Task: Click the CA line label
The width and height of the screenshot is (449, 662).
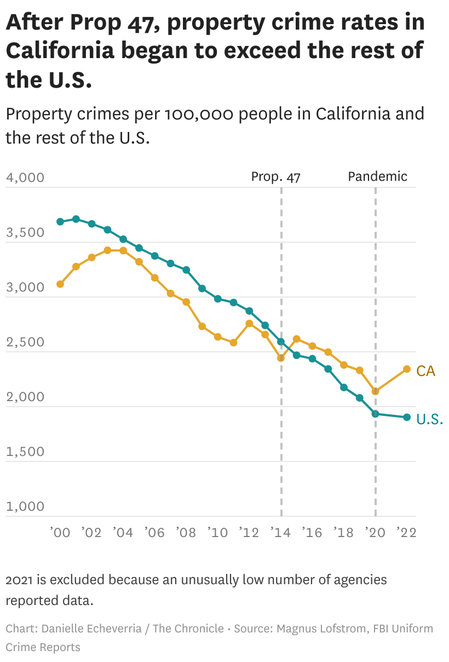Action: pos(425,371)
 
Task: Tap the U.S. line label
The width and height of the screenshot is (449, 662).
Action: pos(429,419)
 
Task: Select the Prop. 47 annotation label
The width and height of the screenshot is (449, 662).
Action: pos(275,176)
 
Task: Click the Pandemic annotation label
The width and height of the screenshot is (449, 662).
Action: pos(378,176)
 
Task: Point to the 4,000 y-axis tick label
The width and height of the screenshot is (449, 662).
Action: pos(25,178)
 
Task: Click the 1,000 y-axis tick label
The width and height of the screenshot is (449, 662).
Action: pos(25,506)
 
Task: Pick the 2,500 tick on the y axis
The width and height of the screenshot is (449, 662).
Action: pos(25,343)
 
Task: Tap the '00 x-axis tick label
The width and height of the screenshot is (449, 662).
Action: pos(60,532)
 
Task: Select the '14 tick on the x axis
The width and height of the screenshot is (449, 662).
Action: pos(281,532)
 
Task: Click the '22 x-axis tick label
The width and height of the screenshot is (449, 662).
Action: pos(406,532)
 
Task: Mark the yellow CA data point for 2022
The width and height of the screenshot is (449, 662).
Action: pos(407,369)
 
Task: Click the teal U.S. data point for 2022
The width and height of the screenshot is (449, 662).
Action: pos(407,418)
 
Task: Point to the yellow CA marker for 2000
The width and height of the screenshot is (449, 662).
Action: pos(60,284)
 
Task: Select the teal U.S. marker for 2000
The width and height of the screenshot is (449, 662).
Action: pos(60,222)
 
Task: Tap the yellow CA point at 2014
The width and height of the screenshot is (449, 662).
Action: pos(281,358)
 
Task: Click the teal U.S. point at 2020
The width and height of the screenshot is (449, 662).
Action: pos(376,414)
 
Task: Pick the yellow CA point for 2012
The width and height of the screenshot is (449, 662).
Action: pos(249,323)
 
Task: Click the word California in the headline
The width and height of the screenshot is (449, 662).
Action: pos(60,50)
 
